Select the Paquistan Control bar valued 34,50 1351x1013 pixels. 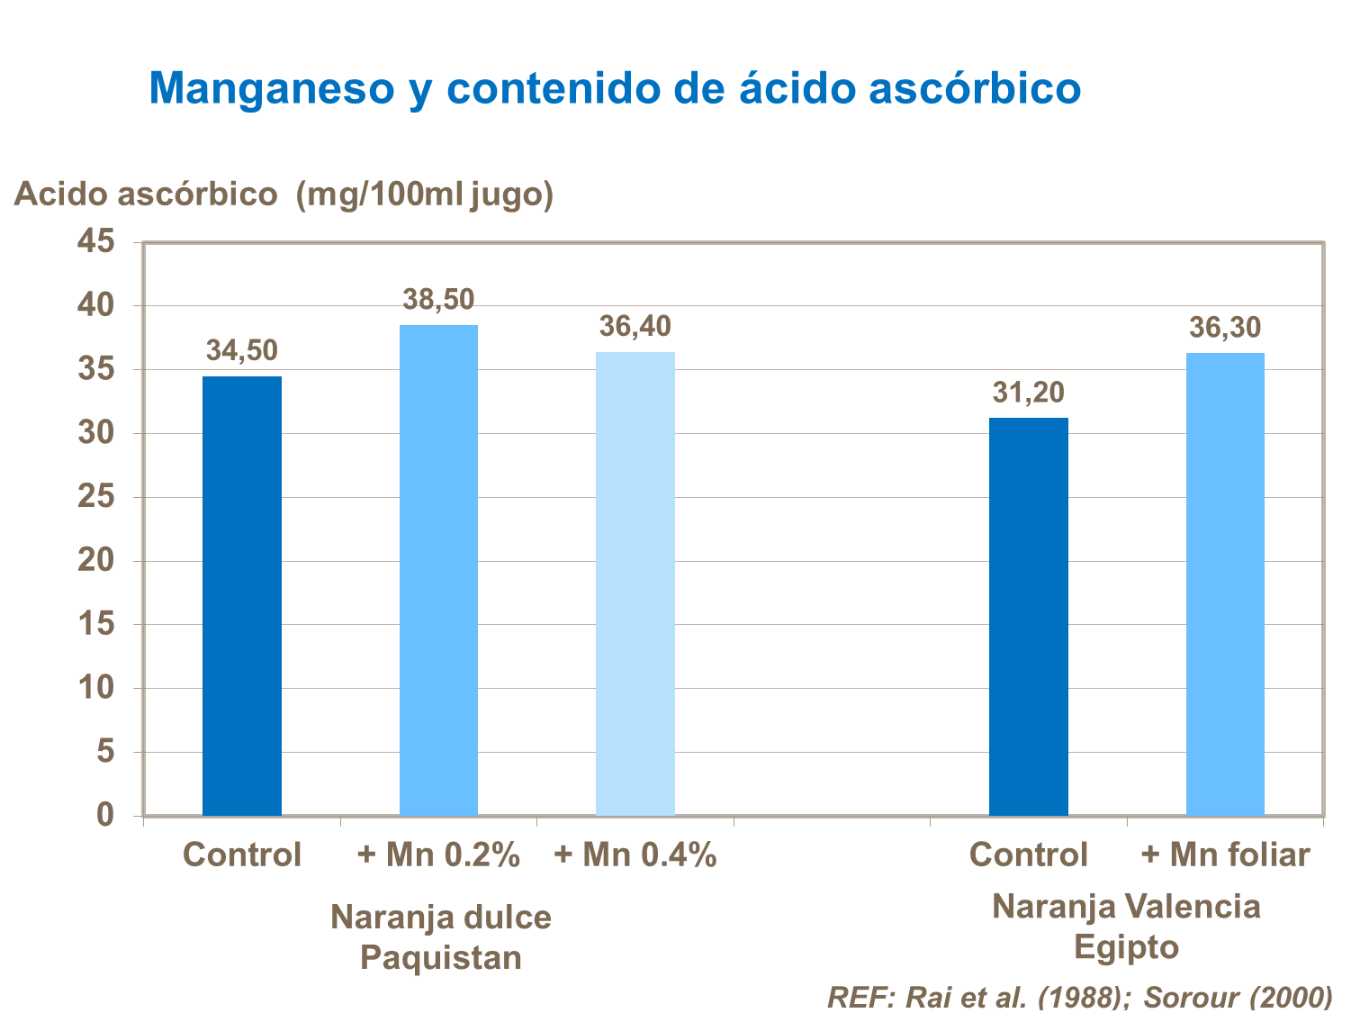241,594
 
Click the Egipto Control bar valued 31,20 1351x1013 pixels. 1028,616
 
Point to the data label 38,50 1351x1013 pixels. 438,300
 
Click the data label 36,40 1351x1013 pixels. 635,327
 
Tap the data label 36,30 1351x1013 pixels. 1225,328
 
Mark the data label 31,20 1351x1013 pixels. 1028,393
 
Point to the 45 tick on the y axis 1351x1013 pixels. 96,241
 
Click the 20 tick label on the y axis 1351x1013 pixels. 96,560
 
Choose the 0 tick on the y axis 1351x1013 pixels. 106,815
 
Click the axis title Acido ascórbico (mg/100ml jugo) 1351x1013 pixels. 284,194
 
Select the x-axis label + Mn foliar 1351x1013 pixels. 1225,855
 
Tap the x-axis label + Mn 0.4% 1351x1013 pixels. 635,855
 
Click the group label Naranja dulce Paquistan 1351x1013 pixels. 440,936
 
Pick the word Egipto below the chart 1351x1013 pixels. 1126,947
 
